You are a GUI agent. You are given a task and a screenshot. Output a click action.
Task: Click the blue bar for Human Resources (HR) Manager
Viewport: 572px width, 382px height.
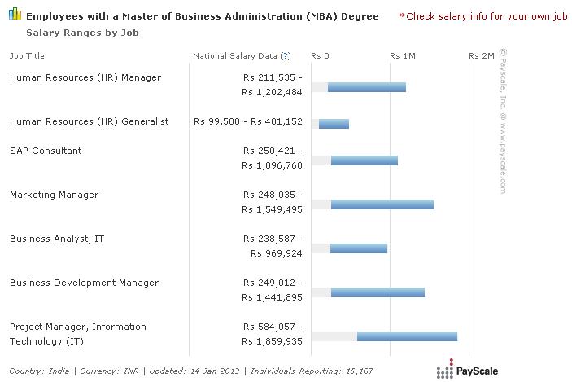(366, 87)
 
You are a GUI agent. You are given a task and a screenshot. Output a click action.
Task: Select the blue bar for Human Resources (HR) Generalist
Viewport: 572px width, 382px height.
(334, 124)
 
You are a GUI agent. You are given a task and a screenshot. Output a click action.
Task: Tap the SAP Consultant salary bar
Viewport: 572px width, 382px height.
(364, 160)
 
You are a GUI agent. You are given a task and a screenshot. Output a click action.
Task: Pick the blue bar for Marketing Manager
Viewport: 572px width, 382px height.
(382, 204)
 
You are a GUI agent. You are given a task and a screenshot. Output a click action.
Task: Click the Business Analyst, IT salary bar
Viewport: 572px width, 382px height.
(359, 248)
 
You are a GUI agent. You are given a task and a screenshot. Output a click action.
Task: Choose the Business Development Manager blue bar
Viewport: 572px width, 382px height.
(378, 292)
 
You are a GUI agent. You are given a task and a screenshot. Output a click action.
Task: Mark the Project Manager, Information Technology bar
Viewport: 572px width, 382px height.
(407, 336)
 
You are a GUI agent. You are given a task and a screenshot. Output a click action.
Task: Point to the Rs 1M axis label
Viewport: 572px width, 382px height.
(403, 56)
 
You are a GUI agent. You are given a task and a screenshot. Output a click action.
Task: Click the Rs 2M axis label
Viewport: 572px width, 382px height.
(482, 56)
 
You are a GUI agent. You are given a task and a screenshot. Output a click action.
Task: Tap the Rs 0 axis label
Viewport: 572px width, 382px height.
(320, 56)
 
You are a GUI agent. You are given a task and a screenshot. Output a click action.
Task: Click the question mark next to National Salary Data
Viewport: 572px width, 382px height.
(285, 56)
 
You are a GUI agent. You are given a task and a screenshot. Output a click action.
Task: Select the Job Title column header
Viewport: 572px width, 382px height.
(27, 56)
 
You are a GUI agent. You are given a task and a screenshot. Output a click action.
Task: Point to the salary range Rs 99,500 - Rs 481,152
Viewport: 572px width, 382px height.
(248, 121)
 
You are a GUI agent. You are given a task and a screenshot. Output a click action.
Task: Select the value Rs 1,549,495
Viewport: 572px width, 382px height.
(272, 209)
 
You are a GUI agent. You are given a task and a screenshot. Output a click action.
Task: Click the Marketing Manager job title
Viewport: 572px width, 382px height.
(54, 195)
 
